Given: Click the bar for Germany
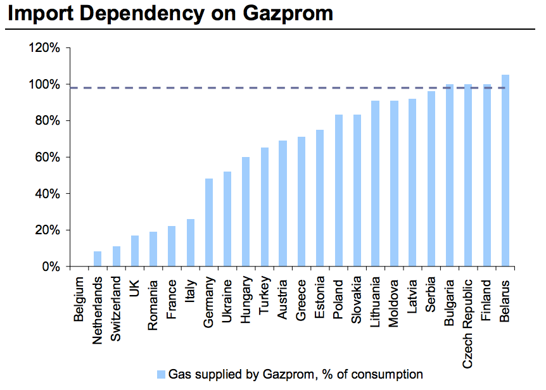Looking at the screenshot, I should [x=209, y=222].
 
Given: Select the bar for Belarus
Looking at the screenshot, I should [x=505, y=170].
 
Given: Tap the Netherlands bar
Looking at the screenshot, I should [x=98, y=259].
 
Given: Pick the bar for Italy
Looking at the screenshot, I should [x=190, y=242].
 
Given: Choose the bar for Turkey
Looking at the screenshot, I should [x=264, y=207].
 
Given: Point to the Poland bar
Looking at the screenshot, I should [x=339, y=191].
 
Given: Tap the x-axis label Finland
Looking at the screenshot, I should [x=486, y=297].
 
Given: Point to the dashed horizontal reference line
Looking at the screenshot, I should [x=253, y=88].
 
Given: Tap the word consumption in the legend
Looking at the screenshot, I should [x=388, y=374].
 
